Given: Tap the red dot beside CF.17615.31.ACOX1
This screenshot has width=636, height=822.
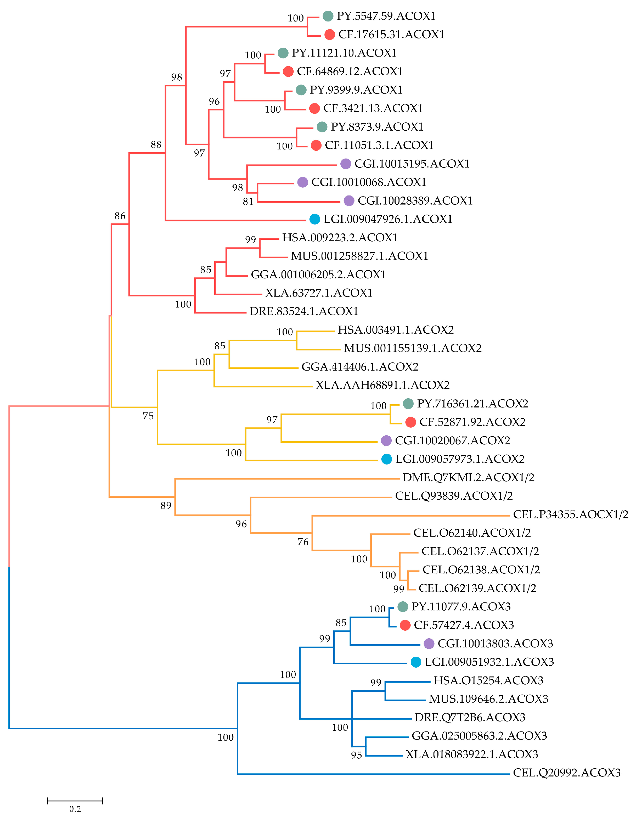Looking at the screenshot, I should (x=330, y=35).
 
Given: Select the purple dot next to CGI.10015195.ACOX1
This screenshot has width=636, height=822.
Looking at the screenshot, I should (x=346, y=164).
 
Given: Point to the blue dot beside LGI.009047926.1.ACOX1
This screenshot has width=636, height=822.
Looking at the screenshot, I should (x=315, y=219).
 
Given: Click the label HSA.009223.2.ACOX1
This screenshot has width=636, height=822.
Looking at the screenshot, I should (x=340, y=237).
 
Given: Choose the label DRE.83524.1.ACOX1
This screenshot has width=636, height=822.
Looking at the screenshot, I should (x=304, y=311).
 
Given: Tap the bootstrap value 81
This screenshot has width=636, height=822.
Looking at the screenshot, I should (x=248, y=202).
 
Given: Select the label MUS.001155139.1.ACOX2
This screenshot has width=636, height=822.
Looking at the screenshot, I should (x=413, y=348).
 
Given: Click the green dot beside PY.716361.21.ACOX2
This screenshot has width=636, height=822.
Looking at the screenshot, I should (x=408, y=404).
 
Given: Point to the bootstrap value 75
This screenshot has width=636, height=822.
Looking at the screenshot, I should (x=148, y=416).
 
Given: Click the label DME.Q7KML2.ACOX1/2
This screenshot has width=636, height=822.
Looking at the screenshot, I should (x=469, y=478).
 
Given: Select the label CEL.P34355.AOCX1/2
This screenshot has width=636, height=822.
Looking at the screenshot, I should (x=571, y=515).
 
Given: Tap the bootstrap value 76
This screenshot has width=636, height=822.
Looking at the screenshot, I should (x=303, y=542).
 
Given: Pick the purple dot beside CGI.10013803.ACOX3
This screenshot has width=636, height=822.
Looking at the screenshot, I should (x=429, y=644).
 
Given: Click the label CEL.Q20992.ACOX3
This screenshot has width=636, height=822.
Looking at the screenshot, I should (x=566, y=773).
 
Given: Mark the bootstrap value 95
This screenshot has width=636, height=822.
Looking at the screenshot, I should (x=356, y=755).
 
